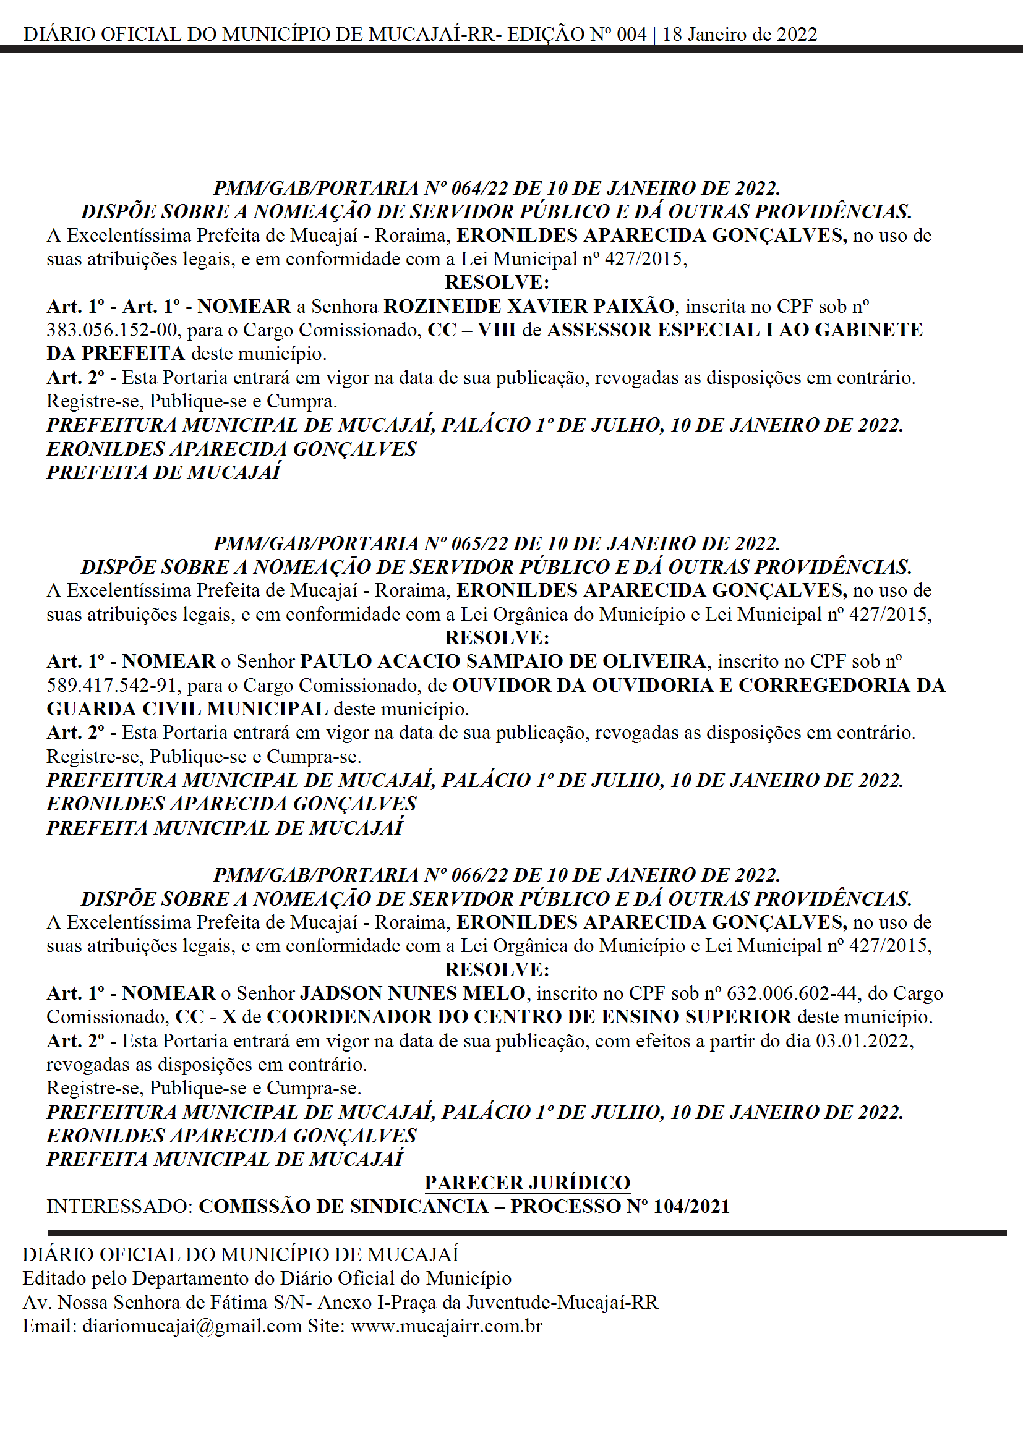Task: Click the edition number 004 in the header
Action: tap(631, 35)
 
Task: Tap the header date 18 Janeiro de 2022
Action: tap(740, 35)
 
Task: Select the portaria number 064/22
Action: tap(480, 189)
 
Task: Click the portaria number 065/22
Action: tap(480, 543)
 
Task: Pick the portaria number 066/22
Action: tap(480, 875)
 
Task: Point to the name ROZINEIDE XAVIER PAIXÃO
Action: tap(529, 307)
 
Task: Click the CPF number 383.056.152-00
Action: tap(111, 330)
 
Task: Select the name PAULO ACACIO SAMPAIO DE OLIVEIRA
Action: tap(503, 661)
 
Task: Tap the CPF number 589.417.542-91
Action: tap(111, 685)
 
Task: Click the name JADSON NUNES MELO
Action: tap(413, 993)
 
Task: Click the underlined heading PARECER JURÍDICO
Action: tap(527, 1183)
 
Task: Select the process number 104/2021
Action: tap(691, 1207)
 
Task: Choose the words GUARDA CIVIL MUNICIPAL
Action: tap(187, 709)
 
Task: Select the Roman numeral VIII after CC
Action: tap(497, 330)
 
